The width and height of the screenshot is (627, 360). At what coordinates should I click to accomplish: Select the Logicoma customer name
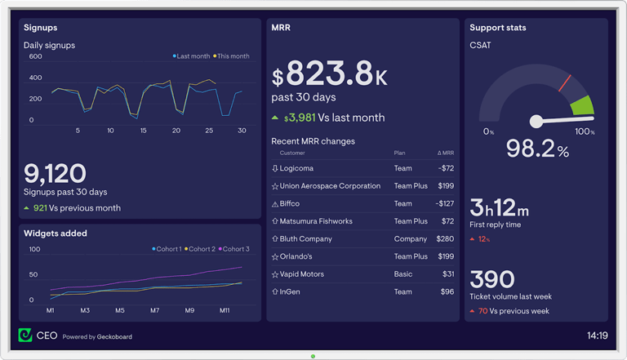[296, 169]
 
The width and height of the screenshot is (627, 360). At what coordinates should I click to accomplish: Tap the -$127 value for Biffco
[445, 204]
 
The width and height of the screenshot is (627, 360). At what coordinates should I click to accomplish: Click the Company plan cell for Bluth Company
[410, 239]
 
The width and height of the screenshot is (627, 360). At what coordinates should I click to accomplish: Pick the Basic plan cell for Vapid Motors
[403, 274]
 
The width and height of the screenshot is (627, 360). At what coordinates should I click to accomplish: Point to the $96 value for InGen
[447, 292]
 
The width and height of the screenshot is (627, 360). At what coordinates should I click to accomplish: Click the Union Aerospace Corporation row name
[330, 186]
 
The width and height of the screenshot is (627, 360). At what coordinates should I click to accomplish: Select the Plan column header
[399, 153]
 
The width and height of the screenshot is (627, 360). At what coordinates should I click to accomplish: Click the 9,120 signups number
[55, 173]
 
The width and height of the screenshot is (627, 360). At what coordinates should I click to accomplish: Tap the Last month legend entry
[193, 56]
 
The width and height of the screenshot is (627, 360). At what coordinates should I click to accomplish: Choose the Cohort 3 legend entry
[236, 249]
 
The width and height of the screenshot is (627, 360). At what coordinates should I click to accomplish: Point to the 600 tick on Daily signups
[36, 57]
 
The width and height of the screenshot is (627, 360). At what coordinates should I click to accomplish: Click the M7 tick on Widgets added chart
[155, 311]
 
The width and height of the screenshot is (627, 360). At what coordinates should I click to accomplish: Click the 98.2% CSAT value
[537, 149]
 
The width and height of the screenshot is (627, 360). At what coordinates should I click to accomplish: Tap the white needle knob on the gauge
[536, 122]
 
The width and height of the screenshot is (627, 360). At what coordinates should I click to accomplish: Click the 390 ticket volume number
[491, 279]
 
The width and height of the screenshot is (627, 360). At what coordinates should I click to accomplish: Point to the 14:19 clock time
[597, 336]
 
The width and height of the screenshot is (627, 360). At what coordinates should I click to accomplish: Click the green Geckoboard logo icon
[25, 336]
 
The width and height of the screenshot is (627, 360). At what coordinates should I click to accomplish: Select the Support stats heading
[497, 28]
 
